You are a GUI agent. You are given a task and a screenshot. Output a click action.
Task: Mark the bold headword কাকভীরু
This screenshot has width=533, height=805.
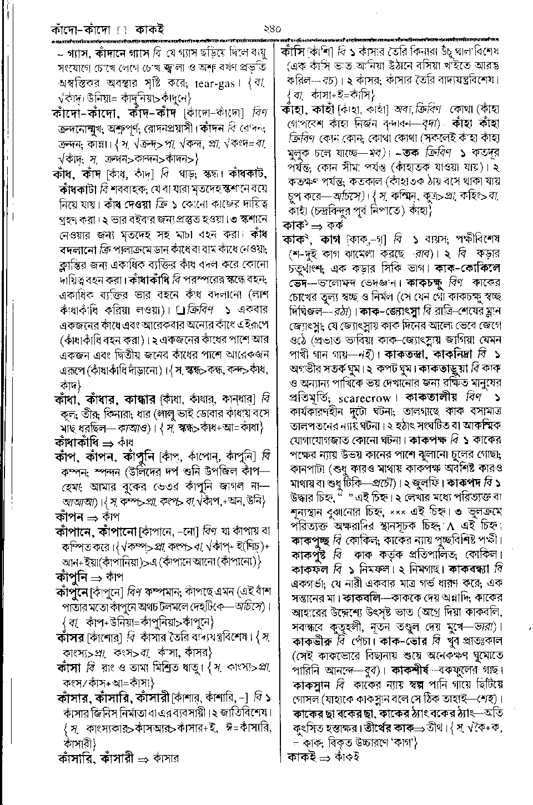click(x=316, y=640)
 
